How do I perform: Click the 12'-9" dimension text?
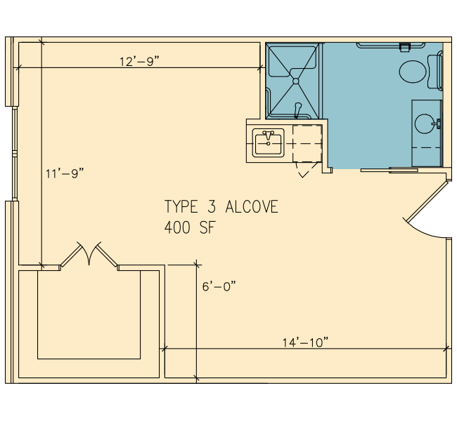point(140,61)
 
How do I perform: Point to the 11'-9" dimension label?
point(65,173)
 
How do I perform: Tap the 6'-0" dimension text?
point(219,286)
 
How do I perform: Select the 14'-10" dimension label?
point(305,342)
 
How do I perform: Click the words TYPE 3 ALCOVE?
point(221,206)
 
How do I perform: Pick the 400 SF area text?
point(190,227)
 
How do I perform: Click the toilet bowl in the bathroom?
point(413,72)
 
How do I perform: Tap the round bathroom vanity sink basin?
point(425,123)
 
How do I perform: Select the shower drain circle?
point(295,81)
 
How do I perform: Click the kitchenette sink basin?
point(268,144)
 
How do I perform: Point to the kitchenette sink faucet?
point(269,136)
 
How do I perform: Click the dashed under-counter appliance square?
point(307,143)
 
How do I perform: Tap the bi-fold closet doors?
point(89,254)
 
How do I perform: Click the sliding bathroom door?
point(390,171)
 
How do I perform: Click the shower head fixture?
point(297,109)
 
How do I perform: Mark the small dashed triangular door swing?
point(306,170)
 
